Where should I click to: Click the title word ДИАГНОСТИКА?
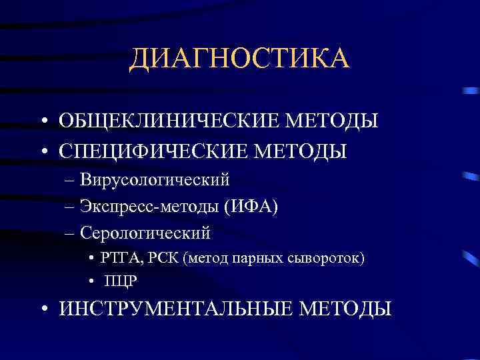pyautogui.click(x=239, y=59)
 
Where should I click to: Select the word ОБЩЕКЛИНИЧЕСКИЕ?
pyautogui.click(x=170, y=121)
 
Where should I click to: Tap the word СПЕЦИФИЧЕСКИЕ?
pyautogui.click(x=154, y=151)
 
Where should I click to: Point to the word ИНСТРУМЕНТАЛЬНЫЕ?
pyautogui.click(x=176, y=308)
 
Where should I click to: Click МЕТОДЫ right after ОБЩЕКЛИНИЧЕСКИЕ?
pyautogui.click(x=331, y=121)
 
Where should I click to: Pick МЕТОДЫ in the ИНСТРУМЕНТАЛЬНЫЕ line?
pyautogui.click(x=345, y=308)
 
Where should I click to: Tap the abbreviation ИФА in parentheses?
pyautogui.click(x=254, y=207)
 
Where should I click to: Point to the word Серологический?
pyautogui.click(x=145, y=233)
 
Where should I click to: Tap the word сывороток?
pyautogui.click(x=329, y=258)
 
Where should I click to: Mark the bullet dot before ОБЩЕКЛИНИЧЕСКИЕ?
pyautogui.click(x=42, y=121)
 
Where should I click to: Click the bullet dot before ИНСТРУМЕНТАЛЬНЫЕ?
pyautogui.click(x=42, y=309)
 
